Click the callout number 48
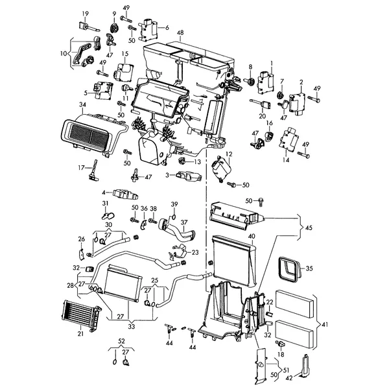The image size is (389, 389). click(x=180, y=32)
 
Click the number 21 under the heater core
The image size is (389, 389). click(x=80, y=334)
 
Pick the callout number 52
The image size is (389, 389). click(x=121, y=340)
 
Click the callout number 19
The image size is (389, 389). click(x=85, y=14)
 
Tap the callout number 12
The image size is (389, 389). click(x=228, y=154)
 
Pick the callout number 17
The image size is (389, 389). click(x=82, y=167)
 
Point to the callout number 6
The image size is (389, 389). click(x=167, y=27)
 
